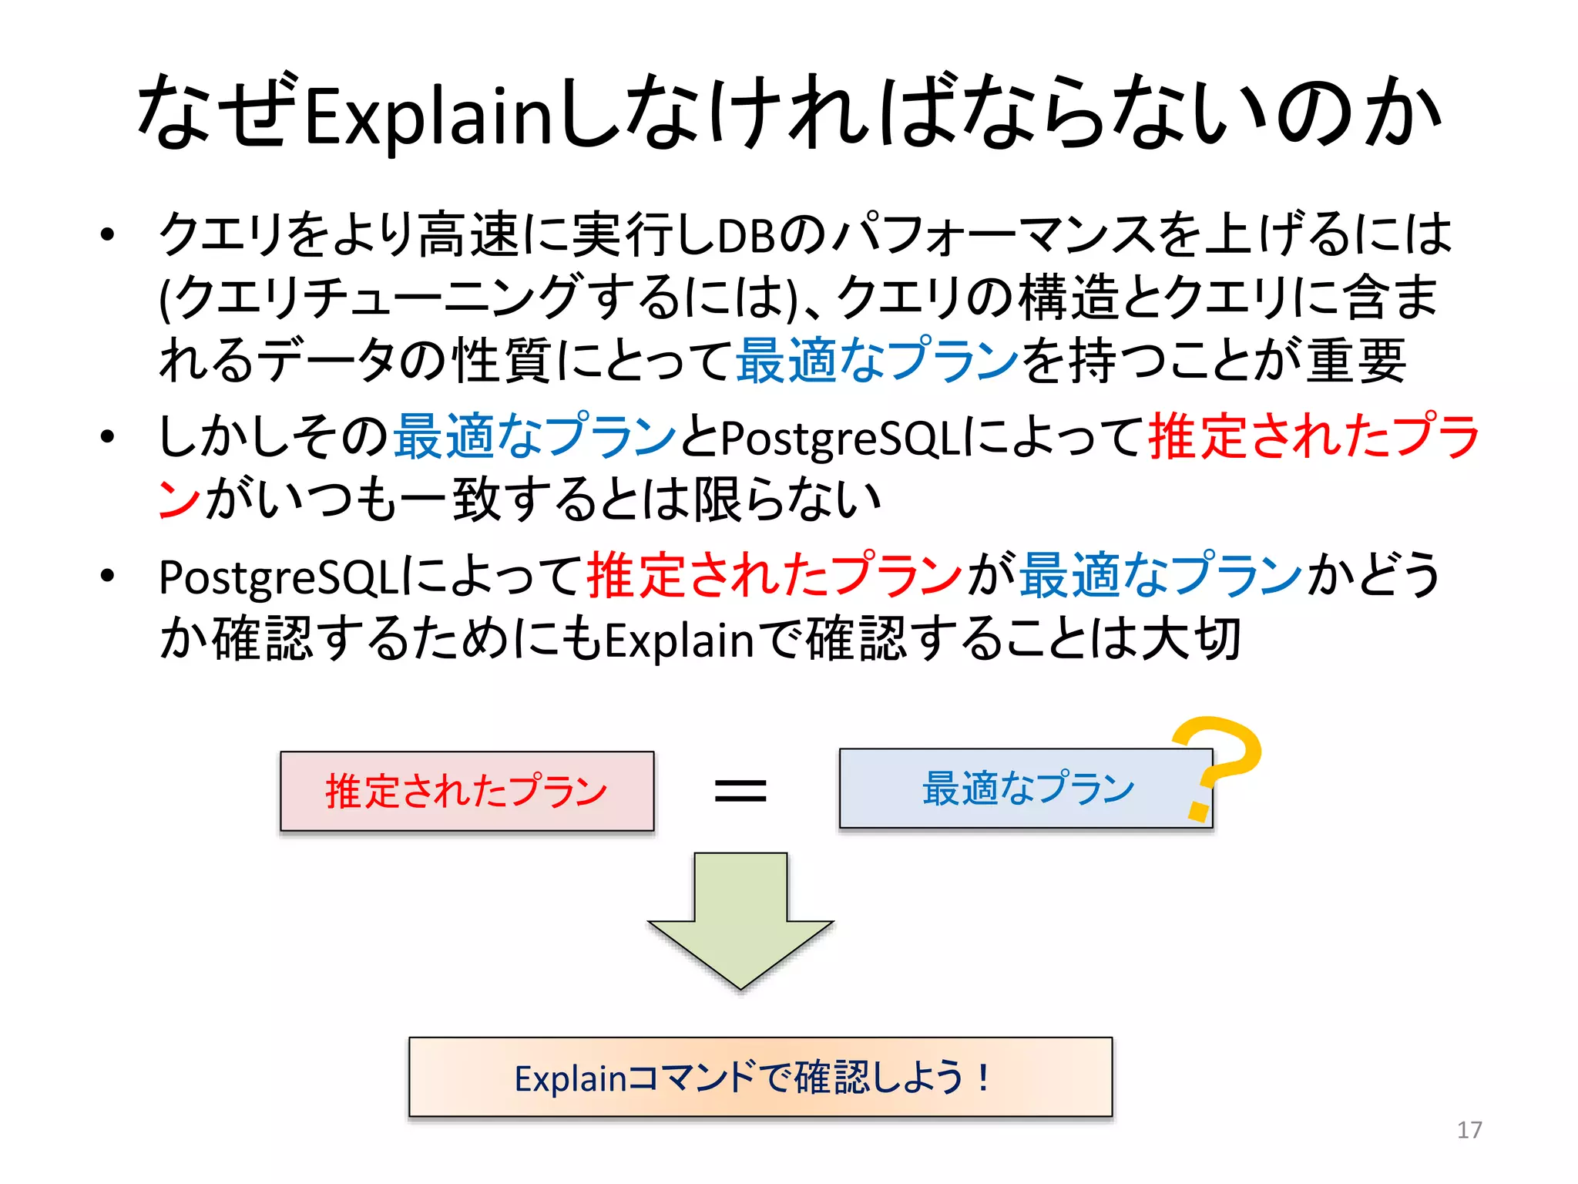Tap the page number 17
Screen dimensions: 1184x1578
[1469, 1130]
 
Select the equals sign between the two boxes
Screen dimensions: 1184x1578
[740, 791]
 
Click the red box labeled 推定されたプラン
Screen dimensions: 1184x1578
[467, 791]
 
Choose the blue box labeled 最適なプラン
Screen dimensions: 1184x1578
[1026, 789]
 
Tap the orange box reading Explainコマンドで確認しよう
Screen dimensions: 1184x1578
[760, 1077]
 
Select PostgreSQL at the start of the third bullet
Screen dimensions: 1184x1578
[278, 577]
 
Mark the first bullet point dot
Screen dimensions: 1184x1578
[107, 234]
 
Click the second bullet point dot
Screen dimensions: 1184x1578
[107, 436]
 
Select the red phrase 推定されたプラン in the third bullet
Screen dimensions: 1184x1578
[774, 576]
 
